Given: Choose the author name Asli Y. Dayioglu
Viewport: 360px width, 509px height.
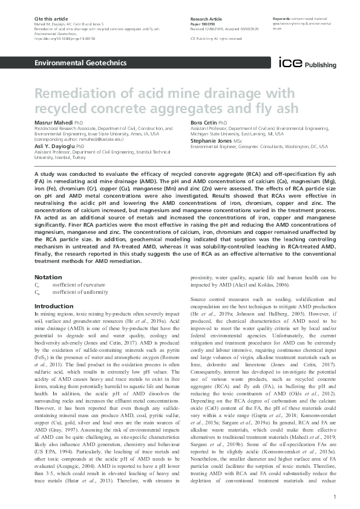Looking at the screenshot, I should (x=51, y=146).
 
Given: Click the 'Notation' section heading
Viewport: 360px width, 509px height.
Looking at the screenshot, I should (x=48, y=277).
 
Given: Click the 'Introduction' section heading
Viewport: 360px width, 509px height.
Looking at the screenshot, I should (x=54, y=306).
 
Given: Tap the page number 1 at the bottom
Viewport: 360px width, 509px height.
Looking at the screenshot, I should (x=334, y=496).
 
